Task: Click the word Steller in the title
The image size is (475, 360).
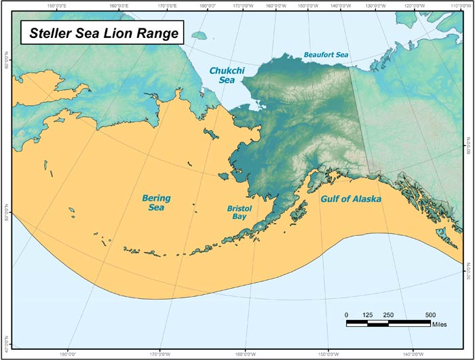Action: [x=52, y=32]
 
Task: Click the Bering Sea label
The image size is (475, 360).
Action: [x=157, y=202]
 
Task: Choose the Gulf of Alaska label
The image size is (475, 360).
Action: [x=350, y=199]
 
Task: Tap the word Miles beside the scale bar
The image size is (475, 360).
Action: [x=440, y=323]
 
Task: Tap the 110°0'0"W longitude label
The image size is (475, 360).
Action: [x=451, y=5]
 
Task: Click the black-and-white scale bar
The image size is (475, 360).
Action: [x=388, y=323]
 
